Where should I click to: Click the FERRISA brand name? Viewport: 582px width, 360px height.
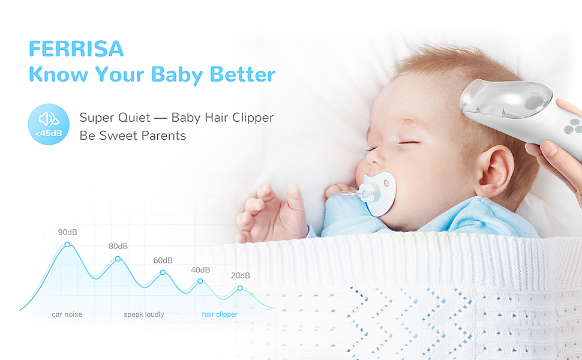76,49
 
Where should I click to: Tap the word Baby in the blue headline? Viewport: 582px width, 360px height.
176,74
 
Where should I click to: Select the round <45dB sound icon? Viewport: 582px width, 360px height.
49,124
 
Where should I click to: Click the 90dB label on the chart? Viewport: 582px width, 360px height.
68,232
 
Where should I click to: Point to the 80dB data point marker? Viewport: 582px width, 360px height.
118,259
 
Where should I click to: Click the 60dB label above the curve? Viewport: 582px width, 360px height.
163,260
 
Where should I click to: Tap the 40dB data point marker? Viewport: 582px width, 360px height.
200,281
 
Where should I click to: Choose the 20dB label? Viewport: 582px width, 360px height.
241,276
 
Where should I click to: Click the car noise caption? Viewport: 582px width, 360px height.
67,314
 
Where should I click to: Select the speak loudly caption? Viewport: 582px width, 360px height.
144,315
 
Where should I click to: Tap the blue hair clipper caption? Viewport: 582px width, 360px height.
220,314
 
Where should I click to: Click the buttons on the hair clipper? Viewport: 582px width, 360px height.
572,126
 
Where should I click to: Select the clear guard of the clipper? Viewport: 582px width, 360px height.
506,99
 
